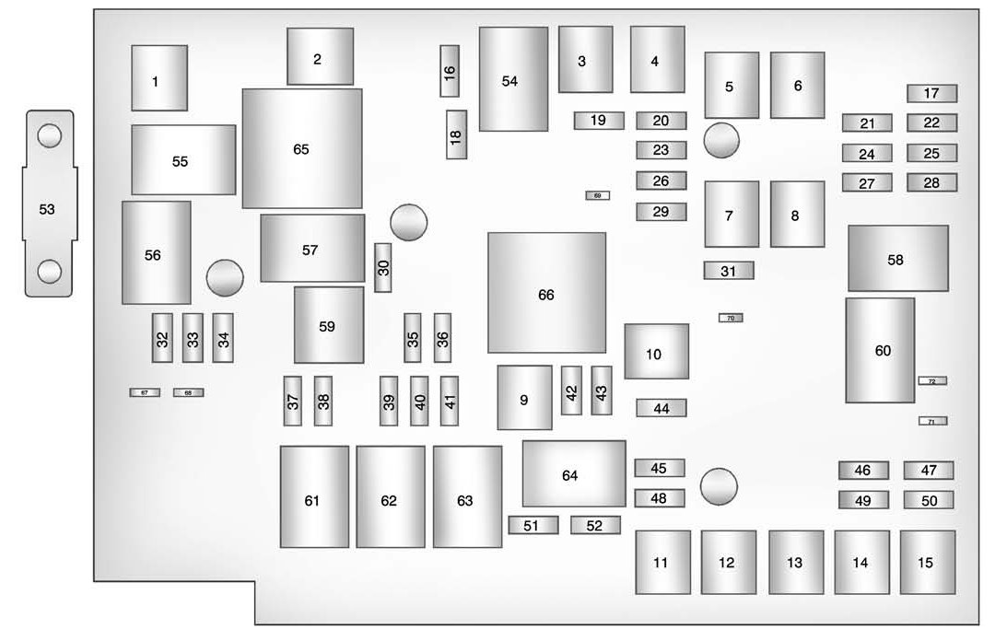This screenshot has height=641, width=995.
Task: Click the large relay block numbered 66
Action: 546,294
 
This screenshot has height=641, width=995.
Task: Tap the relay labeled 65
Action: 301,148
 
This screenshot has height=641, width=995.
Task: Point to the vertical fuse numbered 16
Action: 450,70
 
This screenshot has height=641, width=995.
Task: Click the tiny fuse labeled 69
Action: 597,195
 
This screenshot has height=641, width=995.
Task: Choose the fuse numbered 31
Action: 728,271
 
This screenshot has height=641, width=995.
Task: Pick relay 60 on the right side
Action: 881,350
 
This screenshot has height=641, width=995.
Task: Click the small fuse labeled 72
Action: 931,380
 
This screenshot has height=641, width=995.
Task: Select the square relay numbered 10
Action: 656,352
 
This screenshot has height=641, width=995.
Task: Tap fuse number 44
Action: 661,408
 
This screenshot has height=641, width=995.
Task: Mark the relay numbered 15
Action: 927,562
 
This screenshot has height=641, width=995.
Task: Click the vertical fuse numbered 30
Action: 383,268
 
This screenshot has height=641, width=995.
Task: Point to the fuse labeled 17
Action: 931,93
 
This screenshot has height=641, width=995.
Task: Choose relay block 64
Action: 573,474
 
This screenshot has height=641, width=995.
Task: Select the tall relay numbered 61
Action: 314,497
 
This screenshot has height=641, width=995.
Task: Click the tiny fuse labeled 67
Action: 144,392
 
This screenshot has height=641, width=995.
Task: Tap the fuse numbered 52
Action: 594,525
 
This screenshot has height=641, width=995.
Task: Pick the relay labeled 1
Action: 158,78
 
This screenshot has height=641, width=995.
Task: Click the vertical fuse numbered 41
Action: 449,402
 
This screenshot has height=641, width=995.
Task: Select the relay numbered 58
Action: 897,259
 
